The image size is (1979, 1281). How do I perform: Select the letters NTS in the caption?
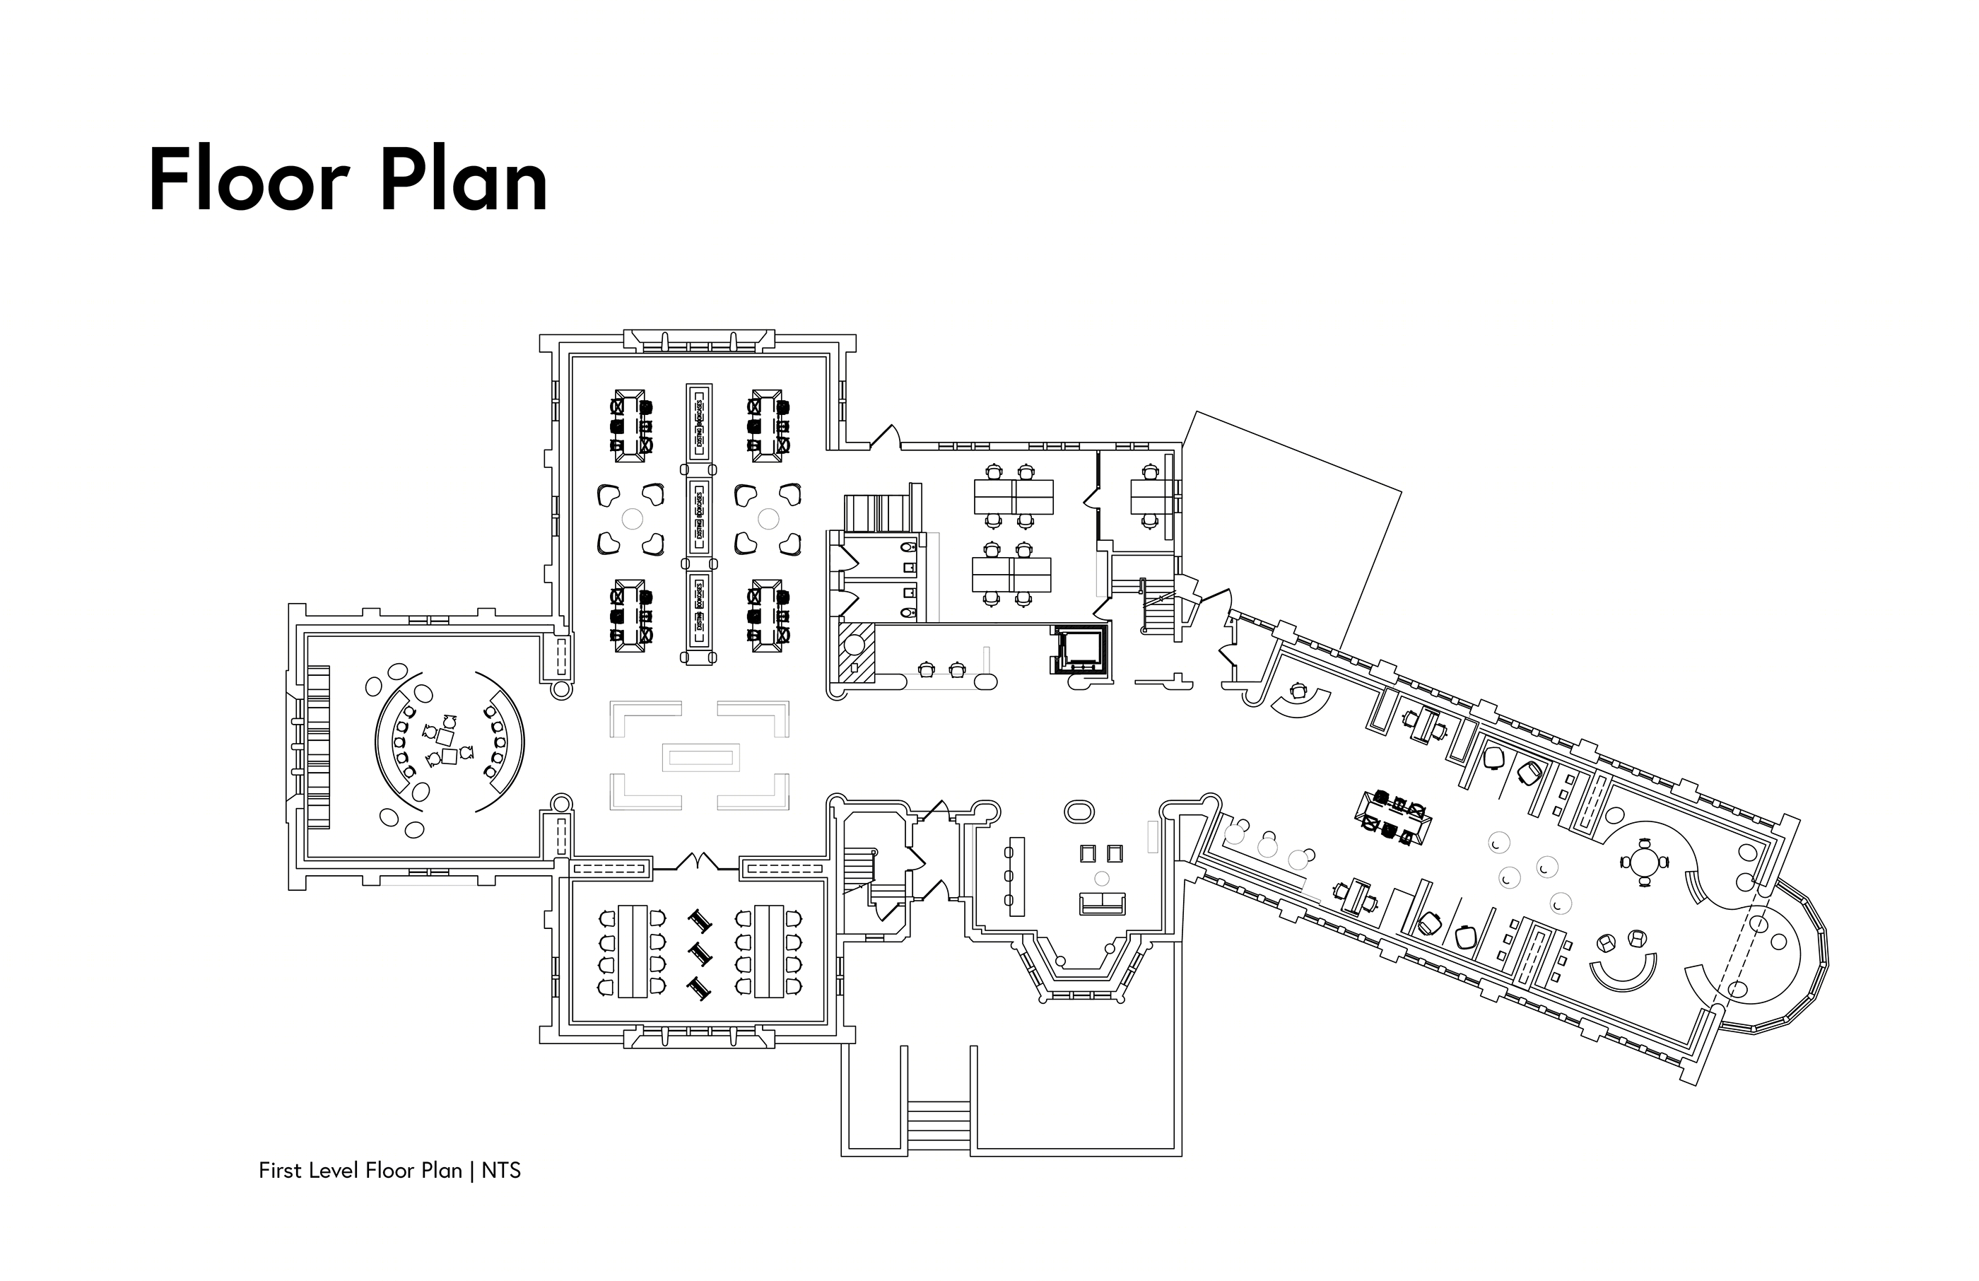click(501, 1171)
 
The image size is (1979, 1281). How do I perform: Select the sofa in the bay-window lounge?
click(1102, 903)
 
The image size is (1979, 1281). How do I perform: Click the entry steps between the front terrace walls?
click(939, 1125)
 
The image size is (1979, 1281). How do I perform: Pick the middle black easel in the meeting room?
click(700, 954)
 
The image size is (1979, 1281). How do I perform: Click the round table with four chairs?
click(1644, 862)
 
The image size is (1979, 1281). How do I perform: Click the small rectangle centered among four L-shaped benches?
click(700, 757)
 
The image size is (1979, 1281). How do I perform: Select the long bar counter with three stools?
click(1015, 876)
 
